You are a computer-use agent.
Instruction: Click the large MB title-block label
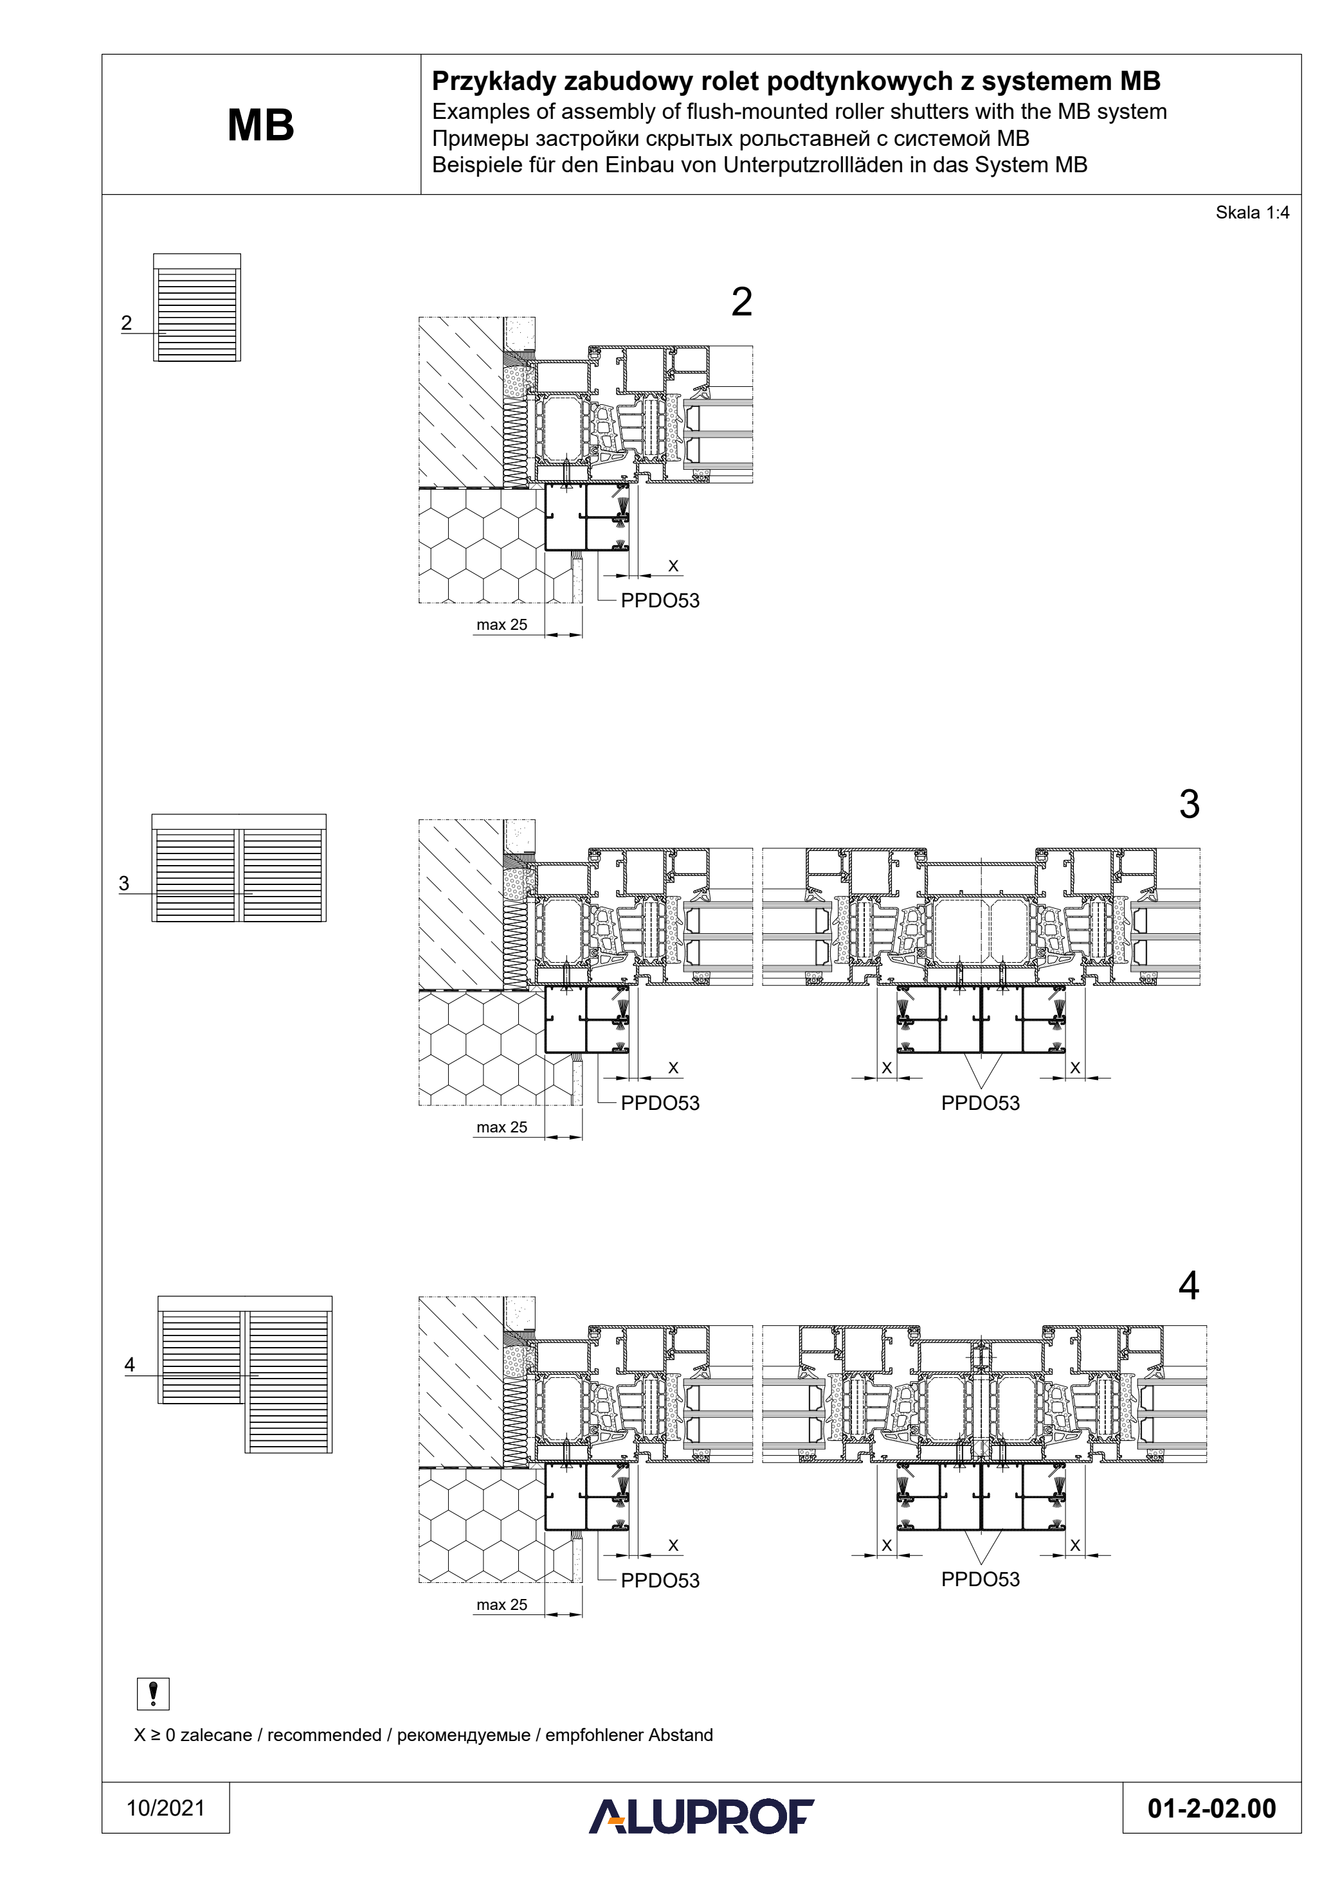click(x=261, y=125)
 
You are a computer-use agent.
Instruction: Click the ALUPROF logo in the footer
click(x=702, y=1816)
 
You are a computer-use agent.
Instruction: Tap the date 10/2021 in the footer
click(x=165, y=1809)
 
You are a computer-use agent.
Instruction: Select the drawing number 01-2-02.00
click(x=1211, y=1809)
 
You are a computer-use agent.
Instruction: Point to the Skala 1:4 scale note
click(x=1252, y=213)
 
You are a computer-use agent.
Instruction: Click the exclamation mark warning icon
click(x=152, y=1693)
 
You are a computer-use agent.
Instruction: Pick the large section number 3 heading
click(x=1189, y=803)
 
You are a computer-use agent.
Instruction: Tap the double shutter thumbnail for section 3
click(x=239, y=868)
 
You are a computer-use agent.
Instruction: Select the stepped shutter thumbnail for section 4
click(x=245, y=1373)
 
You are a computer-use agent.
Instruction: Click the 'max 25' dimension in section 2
click(x=502, y=625)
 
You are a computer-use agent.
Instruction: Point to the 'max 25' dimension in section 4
click(x=502, y=1604)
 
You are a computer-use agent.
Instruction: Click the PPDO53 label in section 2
click(x=660, y=600)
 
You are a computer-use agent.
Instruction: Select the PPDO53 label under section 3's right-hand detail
click(x=981, y=1103)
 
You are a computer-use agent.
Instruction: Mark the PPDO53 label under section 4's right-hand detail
click(x=981, y=1579)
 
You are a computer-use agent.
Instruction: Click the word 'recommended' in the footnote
click(x=324, y=1735)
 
